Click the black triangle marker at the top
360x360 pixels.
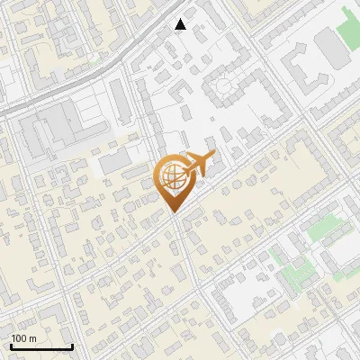(181, 24)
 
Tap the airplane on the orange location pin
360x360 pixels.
(199, 164)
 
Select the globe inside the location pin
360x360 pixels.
(174, 177)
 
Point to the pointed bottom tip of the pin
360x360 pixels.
(174, 213)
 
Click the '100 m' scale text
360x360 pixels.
(23, 338)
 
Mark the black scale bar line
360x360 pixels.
(41, 346)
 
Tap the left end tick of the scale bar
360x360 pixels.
(11, 345)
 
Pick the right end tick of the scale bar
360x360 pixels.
(72, 345)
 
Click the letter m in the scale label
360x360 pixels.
(31, 338)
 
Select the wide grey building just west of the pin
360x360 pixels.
(115, 163)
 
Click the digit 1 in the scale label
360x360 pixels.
(13, 338)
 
